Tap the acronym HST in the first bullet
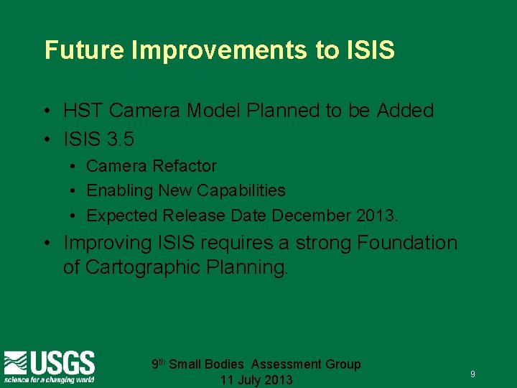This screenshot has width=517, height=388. click(x=84, y=111)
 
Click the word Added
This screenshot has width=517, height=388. click(x=405, y=111)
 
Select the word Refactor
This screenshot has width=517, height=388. click(x=183, y=166)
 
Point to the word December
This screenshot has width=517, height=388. click(x=315, y=215)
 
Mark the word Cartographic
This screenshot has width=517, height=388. click(x=145, y=267)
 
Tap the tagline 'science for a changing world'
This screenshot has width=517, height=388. click(x=49, y=379)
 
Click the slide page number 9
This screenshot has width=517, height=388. click(x=472, y=374)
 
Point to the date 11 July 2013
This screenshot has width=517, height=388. click(x=256, y=380)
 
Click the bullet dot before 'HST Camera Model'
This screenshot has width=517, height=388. click(x=45, y=111)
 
